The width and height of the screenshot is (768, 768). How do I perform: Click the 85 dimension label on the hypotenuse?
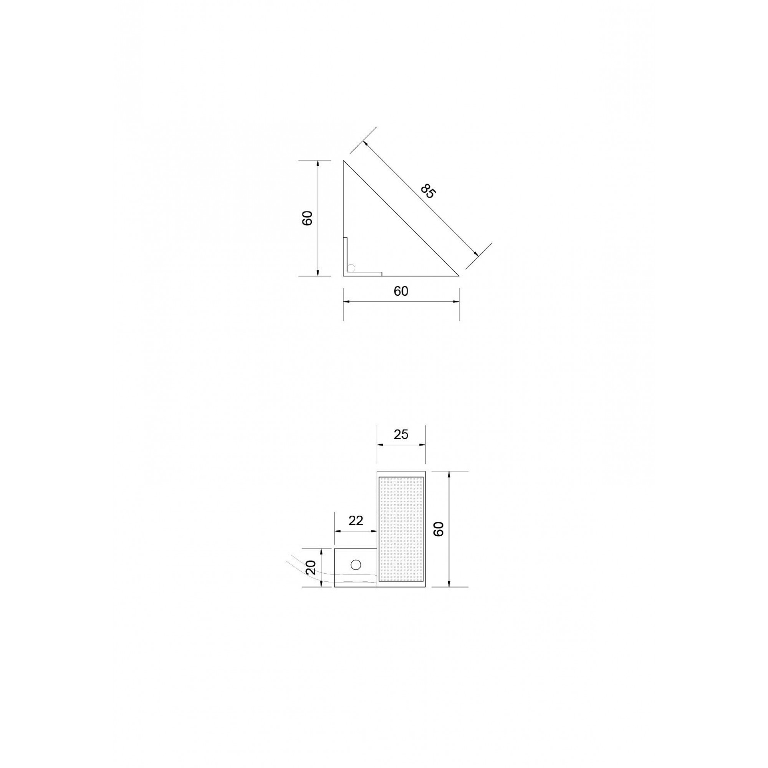(429, 191)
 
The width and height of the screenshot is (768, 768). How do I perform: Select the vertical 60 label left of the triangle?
(307, 218)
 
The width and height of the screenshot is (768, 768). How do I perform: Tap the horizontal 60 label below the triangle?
(401, 291)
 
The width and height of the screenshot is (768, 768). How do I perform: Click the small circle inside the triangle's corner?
(351, 268)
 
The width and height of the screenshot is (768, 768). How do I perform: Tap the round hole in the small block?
(355, 564)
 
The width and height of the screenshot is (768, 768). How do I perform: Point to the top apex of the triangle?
(344, 161)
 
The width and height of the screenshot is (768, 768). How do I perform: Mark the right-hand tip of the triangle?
(458, 275)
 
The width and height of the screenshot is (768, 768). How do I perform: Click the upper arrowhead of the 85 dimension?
(364, 143)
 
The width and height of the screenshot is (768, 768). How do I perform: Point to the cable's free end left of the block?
(287, 562)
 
